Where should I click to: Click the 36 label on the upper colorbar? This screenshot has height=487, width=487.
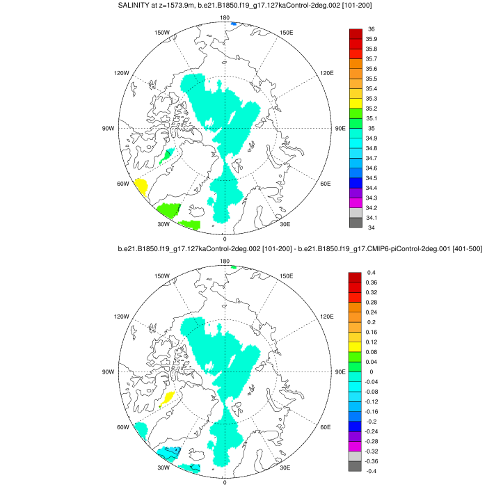tap(371, 29)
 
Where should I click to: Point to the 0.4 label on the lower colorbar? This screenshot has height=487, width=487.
tap(371, 272)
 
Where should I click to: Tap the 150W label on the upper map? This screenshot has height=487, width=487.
tap(162, 32)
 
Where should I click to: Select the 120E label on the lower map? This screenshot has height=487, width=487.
tap(327, 317)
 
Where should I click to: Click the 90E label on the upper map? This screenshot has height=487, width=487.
tap(340, 128)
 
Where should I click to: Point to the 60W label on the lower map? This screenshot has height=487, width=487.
tap(123, 427)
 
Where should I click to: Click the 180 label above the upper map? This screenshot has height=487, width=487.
tap(225, 17)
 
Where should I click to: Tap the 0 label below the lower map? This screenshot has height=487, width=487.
tap(225, 481)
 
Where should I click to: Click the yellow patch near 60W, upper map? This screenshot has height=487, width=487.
tap(140, 187)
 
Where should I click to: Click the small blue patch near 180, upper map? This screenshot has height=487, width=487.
tap(234, 24)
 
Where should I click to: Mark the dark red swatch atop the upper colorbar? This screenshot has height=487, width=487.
tap(355, 33)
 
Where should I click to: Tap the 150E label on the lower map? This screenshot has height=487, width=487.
tap(286, 276)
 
